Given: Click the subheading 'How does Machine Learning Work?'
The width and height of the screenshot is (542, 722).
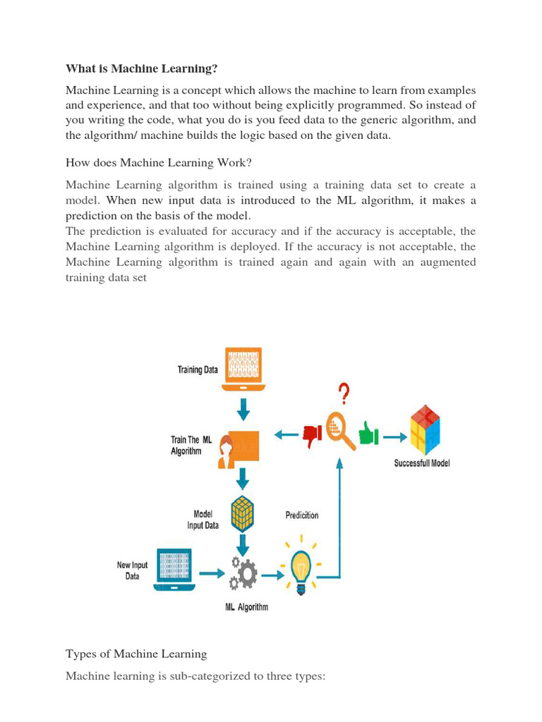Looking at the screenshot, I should (158, 163).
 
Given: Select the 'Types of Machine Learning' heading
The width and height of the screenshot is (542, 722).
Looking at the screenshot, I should (136, 654).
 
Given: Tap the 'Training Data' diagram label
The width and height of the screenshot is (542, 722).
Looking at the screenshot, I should (198, 369).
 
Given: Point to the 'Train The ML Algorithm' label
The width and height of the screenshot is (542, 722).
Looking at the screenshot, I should (191, 446).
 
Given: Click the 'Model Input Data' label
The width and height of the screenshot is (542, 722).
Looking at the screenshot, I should (202, 520).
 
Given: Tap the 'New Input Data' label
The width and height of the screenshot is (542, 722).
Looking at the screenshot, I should (132, 570).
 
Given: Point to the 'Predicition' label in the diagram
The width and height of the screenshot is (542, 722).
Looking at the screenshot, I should (301, 515).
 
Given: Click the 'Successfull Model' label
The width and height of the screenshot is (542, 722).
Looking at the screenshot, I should (421, 463).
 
